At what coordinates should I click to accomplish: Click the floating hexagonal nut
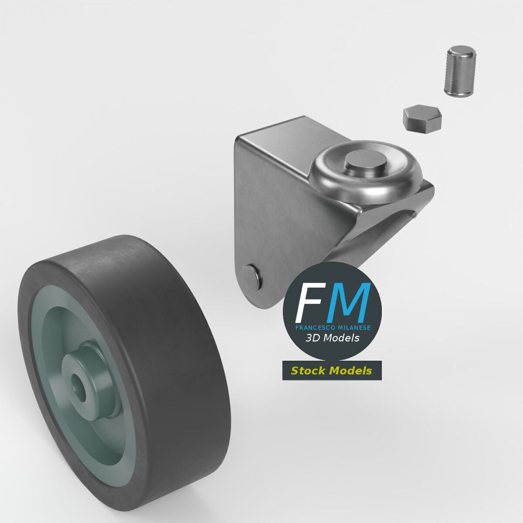coord(422,118)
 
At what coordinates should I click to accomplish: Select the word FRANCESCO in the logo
coord(313,327)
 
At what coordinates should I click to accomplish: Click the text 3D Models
coord(332,338)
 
